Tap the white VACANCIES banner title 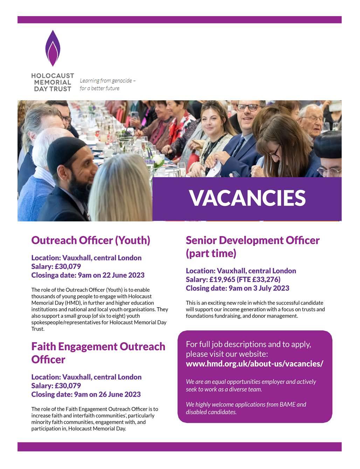coord(247,198)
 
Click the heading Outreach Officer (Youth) coord(91,240)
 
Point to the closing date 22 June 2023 coord(123,275)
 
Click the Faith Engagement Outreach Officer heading coord(98,353)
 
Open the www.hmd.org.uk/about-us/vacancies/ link coord(254,364)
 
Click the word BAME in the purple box coord(288,405)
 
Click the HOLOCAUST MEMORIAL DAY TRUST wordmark coord(52,82)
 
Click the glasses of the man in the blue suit coord(247,108)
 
